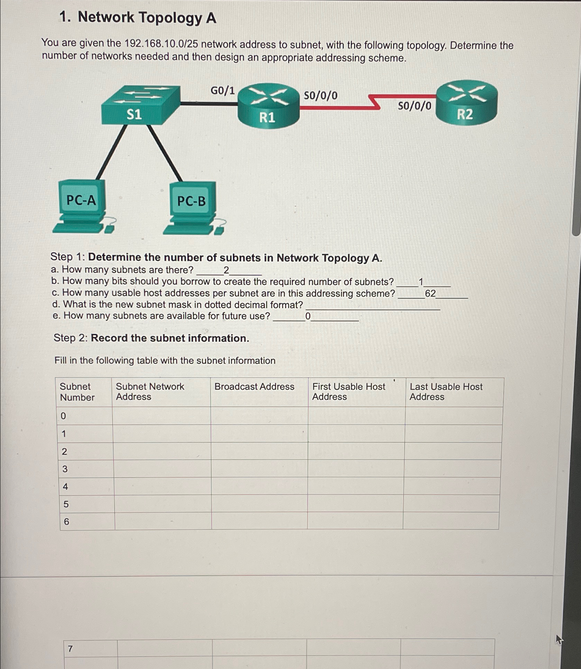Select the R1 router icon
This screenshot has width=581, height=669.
pyautogui.click(x=268, y=106)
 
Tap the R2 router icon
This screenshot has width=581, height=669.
pyautogui.click(x=466, y=103)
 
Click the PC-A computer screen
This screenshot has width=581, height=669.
pyautogui.click(x=81, y=200)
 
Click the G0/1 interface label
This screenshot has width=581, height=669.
pyautogui.click(x=222, y=91)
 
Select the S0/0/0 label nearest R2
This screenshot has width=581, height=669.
pyautogui.click(x=414, y=106)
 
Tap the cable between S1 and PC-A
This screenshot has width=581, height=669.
pyautogui.click(x=110, y=152)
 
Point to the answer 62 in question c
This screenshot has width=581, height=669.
pyautogui.click(x=430, y=293)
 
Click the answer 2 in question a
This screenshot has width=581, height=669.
pyautogui.click(x=226, y=270)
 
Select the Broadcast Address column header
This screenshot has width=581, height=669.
pyautogui.click(x=254, y=386)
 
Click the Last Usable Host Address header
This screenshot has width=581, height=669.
pyautogui.click(x=446, y=392)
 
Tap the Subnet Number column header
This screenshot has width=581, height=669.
pyautogui.click(x=77, y=392)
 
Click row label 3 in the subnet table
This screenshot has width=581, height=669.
pyautogui.click(x=65, y=469)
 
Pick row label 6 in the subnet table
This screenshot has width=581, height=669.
pyautogui.click(x=66, y=521)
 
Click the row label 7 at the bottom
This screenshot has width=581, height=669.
pyautogui.click(x=70, y=649)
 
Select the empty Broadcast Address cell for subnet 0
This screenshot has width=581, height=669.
pyautogui.click(x=259, y=416)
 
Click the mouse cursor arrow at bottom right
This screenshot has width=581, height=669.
pyautogui.click(x=559, y=640)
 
